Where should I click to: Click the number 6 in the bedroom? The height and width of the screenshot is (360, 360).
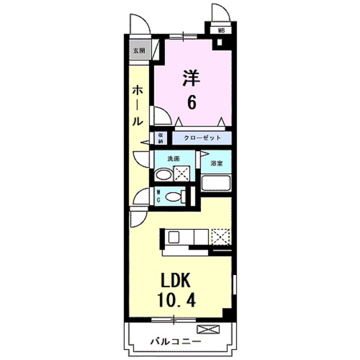click(x=192, y=103)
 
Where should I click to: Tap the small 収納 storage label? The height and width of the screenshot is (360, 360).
click(x=160, y=138)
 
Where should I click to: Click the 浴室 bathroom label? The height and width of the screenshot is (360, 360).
click(x=216, y=163)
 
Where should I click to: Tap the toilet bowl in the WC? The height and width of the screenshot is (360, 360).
click(x=175, y=197)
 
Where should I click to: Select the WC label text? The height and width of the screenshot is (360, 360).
click(x=159, y=197)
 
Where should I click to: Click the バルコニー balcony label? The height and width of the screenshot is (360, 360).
click(x=176, y=341)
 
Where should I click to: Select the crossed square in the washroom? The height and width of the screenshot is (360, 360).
click(x=182, y=174)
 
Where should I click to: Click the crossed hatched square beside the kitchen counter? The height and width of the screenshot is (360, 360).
click(x=220, y=237)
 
